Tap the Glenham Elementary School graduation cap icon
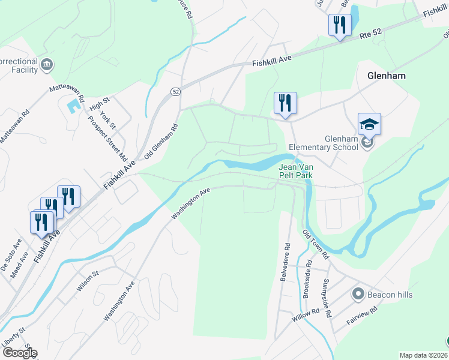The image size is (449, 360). pos(369,124)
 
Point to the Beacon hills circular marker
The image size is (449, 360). pos(358,294)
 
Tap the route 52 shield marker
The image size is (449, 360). pos(175,92)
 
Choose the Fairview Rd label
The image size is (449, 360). pos(361,317)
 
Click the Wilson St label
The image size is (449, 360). pos(86,281)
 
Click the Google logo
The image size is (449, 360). pos(19,353)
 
